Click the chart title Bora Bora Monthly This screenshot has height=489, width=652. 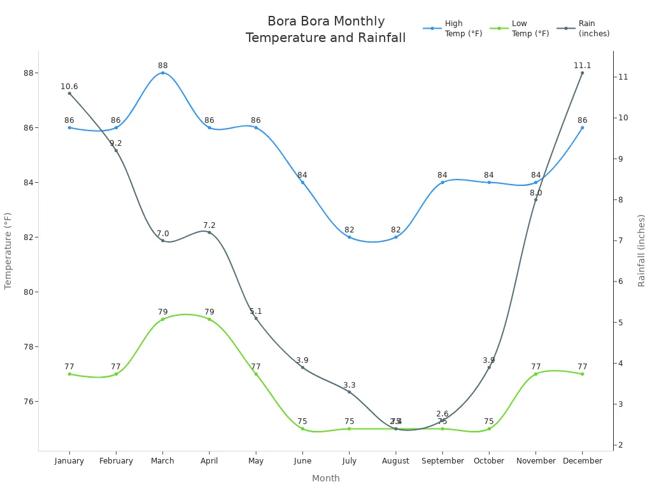click(325, 22)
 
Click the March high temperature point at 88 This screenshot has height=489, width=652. click(162, 73)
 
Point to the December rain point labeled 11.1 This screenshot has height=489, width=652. click(582, 73)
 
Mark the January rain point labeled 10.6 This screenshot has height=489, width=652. click(69, 93)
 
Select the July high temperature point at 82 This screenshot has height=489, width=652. click(349, 237)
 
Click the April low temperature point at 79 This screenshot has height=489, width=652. click(209, 319)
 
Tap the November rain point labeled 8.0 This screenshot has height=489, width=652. click(535, 199)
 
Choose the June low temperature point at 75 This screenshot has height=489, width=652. click(302, 429)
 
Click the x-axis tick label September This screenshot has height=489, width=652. click(442, 461)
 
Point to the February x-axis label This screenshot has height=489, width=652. click(116, 461)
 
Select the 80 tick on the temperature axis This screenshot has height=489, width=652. click(28, 292)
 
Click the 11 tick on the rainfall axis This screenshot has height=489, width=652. click(623, 77)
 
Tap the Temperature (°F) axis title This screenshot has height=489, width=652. click(8, 251)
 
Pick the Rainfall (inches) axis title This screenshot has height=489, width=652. click(642, 250)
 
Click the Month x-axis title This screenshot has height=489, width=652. click(325, 478)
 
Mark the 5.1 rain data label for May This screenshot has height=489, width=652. click(256, 311)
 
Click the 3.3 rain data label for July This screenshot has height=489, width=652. click(349, 385)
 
